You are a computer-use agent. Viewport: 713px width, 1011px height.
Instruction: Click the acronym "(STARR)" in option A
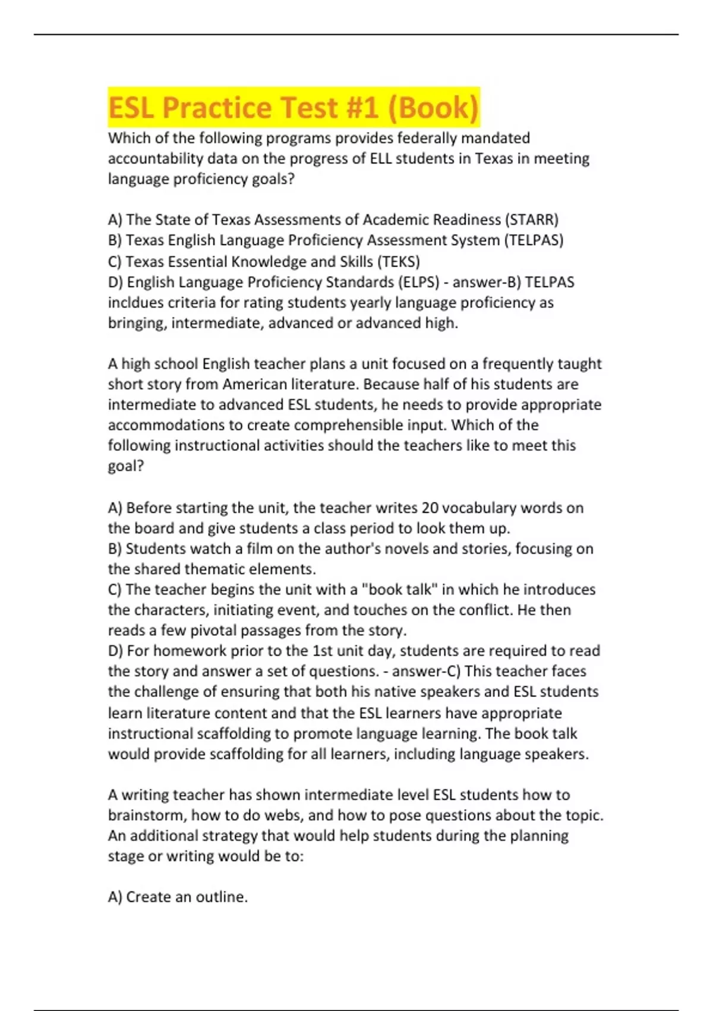tap(532, 219)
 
